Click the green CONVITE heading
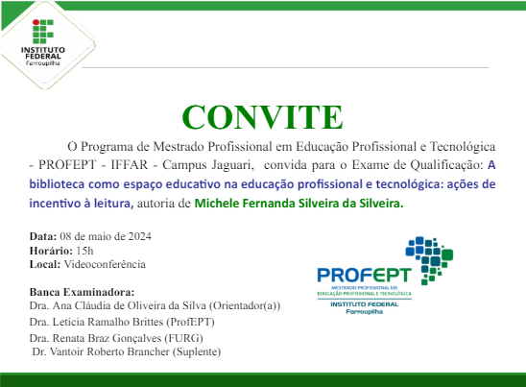262,116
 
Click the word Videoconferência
106,263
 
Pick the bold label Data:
43,236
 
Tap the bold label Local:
45,263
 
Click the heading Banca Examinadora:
83,292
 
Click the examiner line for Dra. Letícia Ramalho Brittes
122,322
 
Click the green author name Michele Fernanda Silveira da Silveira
299,204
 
